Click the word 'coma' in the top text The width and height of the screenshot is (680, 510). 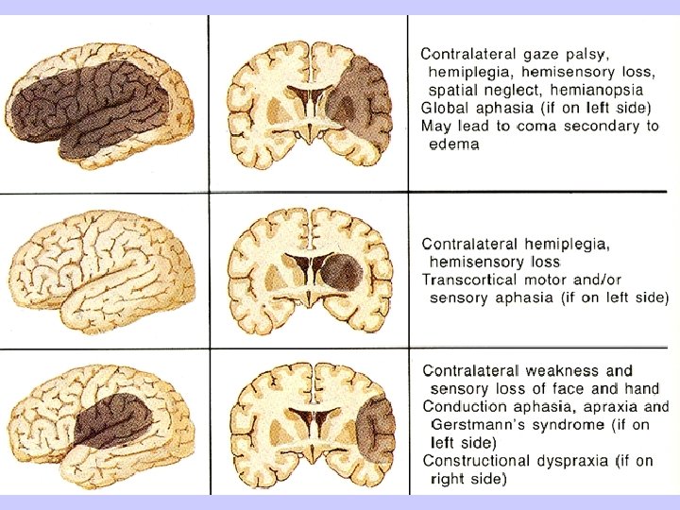pyautogui.click(x=537, y=126)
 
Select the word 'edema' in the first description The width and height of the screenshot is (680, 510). pyautogui.click(x=453, y=144)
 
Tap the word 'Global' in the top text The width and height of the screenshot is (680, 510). pyautogui.click(x=445, y=107)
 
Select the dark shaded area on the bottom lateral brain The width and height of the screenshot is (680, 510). pyautogui.click(x=113, y=420)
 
